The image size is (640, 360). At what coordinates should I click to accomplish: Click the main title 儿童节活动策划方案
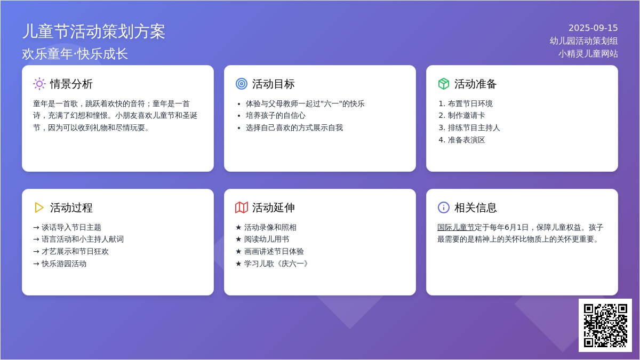point(94,31)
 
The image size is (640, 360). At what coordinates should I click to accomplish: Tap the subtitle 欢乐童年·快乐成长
point(75,54)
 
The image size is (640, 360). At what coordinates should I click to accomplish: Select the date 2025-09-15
point(593,28)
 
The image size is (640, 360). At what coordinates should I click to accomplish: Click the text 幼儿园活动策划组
point(583,41)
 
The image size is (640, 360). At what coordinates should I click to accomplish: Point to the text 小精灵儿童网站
point(588,54)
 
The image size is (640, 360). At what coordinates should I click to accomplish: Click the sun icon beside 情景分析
point(39,84)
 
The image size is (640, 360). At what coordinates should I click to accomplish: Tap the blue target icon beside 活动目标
point(242,84)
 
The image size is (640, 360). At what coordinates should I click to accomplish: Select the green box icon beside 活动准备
point(443,84)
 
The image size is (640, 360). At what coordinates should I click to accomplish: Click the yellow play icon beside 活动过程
point(39,207)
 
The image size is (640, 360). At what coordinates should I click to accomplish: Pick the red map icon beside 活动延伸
point(242,207)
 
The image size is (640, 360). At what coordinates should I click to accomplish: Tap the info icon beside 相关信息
point(443,207)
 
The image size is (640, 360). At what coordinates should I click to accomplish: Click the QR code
point(605,325)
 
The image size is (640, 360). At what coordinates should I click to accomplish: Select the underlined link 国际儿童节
point(455,227)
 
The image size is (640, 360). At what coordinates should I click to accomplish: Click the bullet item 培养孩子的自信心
point(275,116)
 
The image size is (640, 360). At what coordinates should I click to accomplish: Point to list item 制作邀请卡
point(466,116)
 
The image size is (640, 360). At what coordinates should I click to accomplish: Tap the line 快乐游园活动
point(60,263)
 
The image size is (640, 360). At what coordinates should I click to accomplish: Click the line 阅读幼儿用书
point(262,239)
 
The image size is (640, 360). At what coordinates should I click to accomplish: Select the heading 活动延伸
point(273,207)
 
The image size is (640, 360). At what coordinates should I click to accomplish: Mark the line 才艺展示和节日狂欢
point(71,252)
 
